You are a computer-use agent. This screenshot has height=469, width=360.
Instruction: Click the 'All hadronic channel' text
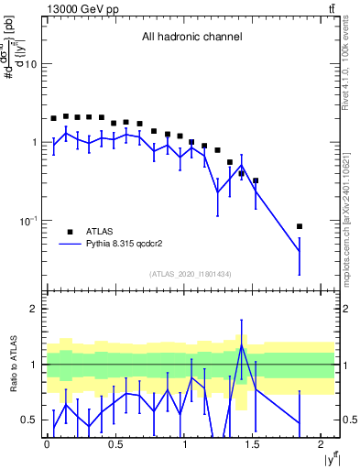tap(191, 38)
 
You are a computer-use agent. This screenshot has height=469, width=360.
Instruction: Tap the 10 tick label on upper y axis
tap(30, 65)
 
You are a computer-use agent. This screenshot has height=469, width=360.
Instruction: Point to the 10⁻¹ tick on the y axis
tap(27, 221)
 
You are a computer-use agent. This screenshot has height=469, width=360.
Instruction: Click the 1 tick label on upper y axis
tap(35, 143)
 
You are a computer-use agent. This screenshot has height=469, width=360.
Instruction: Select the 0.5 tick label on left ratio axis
tap(29, 420)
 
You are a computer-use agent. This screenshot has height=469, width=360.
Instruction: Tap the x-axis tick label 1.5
tap(254, 446)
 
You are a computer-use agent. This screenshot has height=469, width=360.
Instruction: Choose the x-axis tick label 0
tap(47, 446)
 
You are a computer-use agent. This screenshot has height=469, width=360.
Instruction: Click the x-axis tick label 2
tap(323, 446)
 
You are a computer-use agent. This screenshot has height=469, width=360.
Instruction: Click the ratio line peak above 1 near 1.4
tap(241, 345)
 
